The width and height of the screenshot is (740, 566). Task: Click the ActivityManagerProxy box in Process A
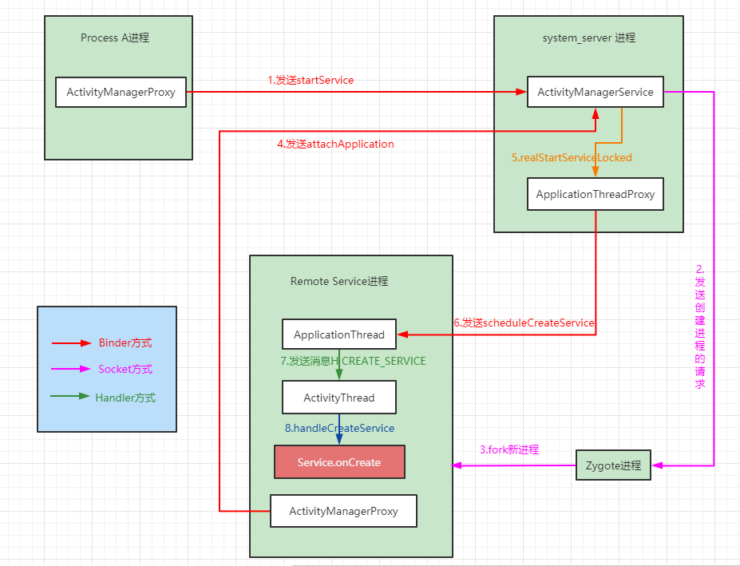[x=121, y=92]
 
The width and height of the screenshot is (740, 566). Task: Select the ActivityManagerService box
[x=596, y=92]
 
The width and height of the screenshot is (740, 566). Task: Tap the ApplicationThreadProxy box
[x=596, y=194]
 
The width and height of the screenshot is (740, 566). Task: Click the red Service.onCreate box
[x=339, y=462]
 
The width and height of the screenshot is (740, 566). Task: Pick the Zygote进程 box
[x=613, y=465]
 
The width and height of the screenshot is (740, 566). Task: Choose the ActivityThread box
[x=338, y=398]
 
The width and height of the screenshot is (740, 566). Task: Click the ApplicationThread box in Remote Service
[x=338, y=334]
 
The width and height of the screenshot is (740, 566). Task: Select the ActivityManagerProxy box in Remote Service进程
[x=343, y=511]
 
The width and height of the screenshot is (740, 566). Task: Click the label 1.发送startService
[x=311, y=81]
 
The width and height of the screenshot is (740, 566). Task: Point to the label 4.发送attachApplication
[x=335, y=144]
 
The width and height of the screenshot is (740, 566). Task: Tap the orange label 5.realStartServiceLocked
[x=572, y=158]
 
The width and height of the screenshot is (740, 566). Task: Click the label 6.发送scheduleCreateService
[x=524, y=323]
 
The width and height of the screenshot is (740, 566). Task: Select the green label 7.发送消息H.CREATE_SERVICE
[x=353, y=361]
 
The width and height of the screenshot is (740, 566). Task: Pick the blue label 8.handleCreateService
[x=339, y=428]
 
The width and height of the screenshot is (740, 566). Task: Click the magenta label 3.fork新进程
[x=509, y=449]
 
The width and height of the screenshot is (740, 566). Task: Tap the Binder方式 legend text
[x=125, y=342]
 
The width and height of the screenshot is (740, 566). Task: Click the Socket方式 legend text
[x=125, y=369]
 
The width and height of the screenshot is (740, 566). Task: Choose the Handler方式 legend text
[x=125, y=398]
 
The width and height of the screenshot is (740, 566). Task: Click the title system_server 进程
[x=589, y=38]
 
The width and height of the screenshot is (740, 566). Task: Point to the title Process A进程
[x=115, y=38]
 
